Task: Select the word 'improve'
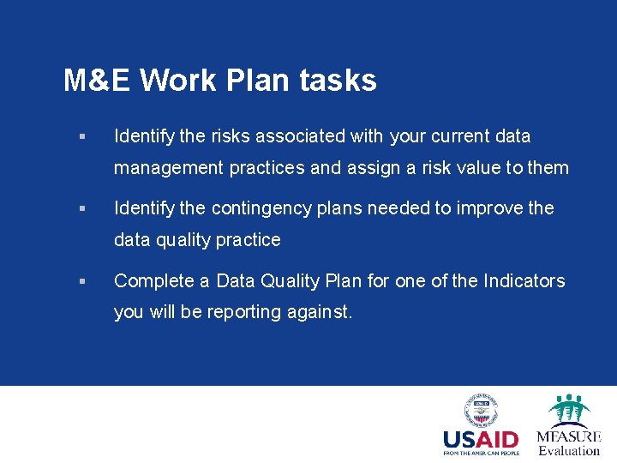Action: tap(491, 208)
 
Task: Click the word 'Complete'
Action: tap(151, 281)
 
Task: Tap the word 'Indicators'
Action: tap(524, 281)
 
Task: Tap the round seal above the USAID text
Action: tap(481, 410)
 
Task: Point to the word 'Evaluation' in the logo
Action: tap(569, 450)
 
